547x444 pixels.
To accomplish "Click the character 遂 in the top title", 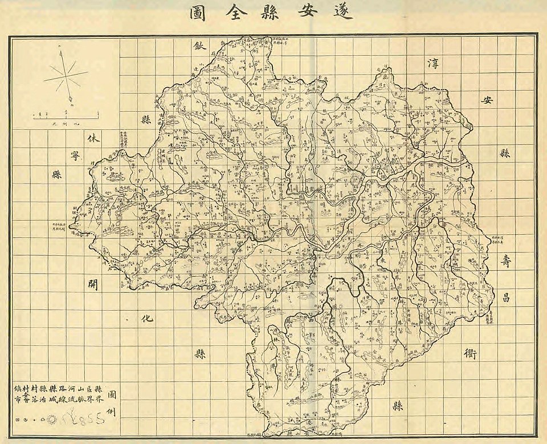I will point(344,12).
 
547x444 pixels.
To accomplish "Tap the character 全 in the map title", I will point(239,12).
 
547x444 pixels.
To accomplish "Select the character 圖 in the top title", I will point(198,12).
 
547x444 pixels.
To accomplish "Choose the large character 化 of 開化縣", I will point(145,320).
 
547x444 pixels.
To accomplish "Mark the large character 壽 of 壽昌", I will point(506,262).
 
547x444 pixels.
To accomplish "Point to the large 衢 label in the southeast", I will point(471,353).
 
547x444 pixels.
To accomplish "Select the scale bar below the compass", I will point(65,116).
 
